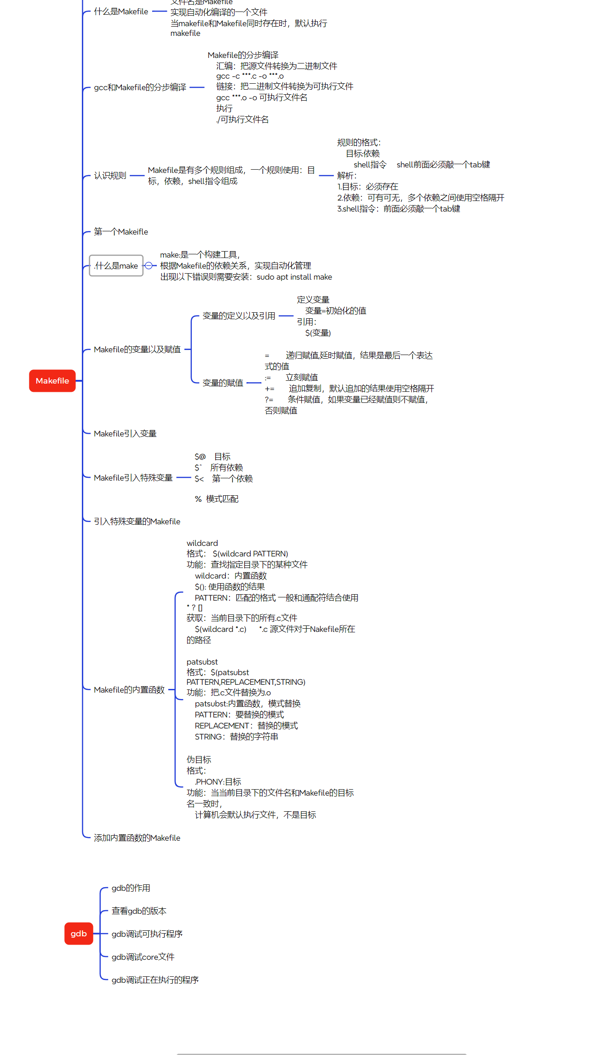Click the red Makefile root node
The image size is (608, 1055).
click(x=52, y=381)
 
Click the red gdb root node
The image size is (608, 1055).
click(x=79, y=934)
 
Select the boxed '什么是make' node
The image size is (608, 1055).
click(x=116, y=266)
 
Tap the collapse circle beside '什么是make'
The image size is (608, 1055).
click(x=149, y=265)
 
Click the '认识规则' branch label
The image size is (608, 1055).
click(x=110, y=176)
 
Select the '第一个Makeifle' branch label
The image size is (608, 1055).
click(x=121, y=232)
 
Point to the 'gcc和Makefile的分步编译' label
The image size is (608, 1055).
click(x=140, y=87)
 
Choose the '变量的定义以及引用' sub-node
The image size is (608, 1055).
click(x=239, y=316)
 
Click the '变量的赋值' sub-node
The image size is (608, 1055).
click(x=223, y=383)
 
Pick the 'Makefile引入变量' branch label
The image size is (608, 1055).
click(x=125, y=434)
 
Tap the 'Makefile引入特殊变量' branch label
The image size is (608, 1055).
click(x=133, y=478)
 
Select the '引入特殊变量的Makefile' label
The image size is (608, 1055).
click(x=137, y=522)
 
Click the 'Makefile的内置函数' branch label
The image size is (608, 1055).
click(x=129, y=690)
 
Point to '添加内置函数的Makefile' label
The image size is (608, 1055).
click(x=137, y=838)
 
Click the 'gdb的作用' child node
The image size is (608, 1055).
click(x=131, y=888)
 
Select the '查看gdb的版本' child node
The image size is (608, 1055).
click(x=139, y=911)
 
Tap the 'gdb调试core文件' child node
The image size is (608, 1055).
click(x=143, y=957)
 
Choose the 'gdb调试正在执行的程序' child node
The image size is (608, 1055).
click(x=155, y=980)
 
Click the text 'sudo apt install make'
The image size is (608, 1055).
click(x=294, y=277)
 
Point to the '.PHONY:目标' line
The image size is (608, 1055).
click(x=218, y=782)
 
